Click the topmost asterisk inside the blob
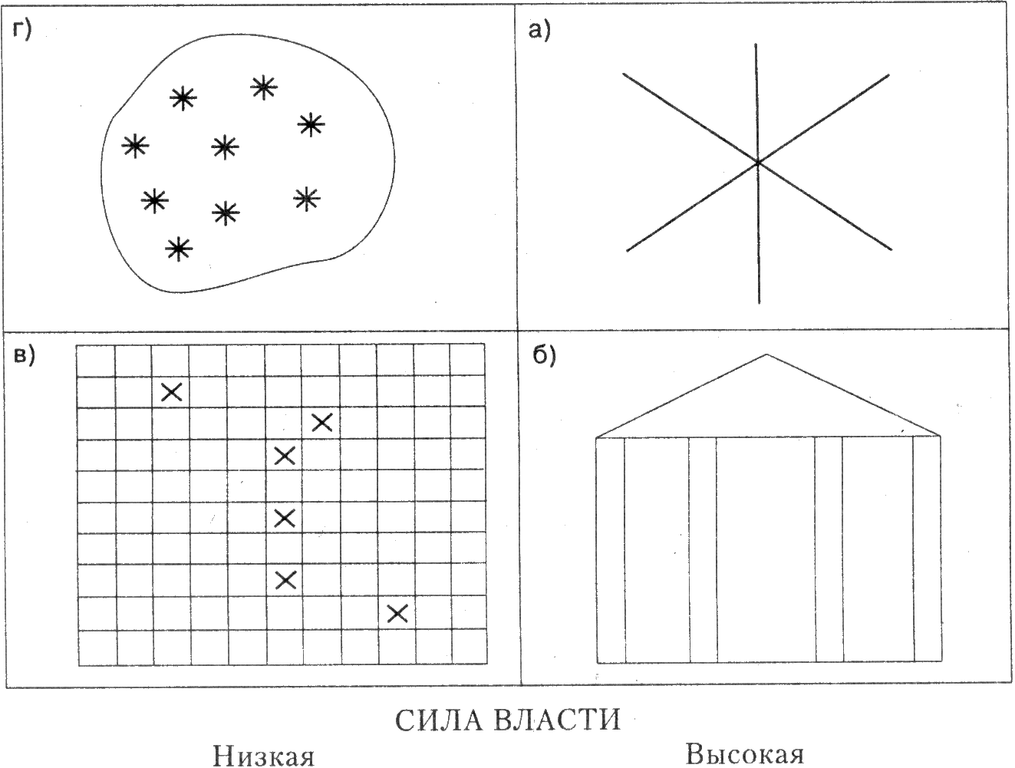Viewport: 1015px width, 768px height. (263, 87)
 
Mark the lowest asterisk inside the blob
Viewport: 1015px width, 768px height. (179, 248)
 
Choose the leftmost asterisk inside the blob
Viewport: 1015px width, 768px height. (135, 145)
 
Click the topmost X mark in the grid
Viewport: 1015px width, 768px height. (171, 392)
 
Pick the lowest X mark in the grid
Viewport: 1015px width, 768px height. (397, 613)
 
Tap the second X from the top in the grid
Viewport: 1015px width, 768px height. (321, 422)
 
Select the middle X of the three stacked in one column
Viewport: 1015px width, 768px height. (285, 518)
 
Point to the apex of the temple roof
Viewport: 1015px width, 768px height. (766, 354)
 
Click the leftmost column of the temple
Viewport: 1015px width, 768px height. (611, 549)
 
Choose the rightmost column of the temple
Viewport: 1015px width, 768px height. (927, 549)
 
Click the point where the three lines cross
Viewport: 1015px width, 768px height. (757, 162)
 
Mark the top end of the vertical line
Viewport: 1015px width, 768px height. (756, 44)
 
